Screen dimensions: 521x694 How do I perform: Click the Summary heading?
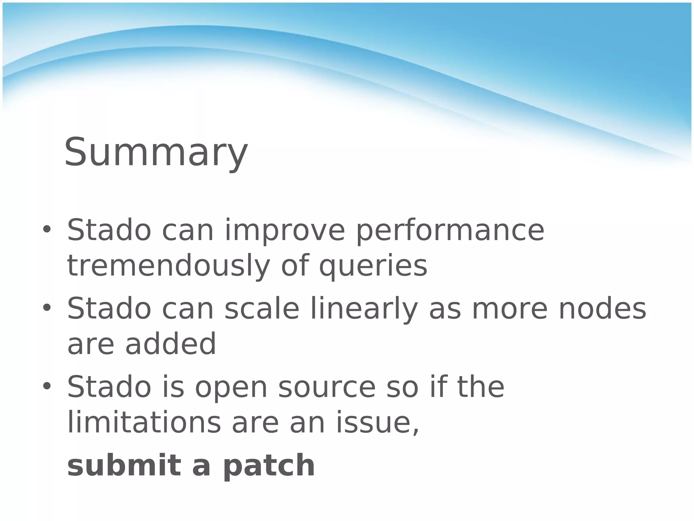click(x=156, y=153)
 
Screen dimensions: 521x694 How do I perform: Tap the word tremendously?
click(x=168, y=266)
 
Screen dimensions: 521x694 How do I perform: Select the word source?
click(x=327, y=388)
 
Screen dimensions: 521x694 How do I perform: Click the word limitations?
click(x=144, y=422)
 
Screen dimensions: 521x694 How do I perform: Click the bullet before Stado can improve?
click(x=46, y=230)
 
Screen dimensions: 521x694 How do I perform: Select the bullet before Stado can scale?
click(x=46, y=308)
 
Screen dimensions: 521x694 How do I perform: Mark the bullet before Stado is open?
click(x=46, y=386)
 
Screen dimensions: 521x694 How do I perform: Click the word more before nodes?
click(x=509, y=309)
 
